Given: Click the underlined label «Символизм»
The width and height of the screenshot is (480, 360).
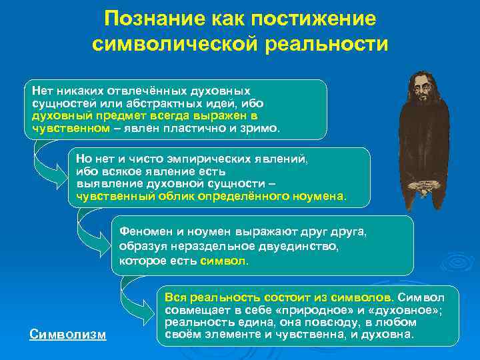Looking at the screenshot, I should coord(68,333).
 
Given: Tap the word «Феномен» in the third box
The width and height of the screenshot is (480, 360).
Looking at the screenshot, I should coord(143,232).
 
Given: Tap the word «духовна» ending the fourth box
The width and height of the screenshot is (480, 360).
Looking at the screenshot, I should coord(391,333).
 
